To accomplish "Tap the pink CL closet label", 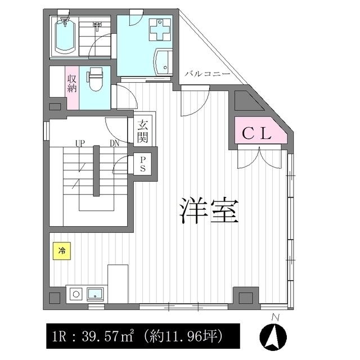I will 257,133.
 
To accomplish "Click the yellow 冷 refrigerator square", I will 62,251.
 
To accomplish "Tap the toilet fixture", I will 95,80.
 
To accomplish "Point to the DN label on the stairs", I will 114,143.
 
